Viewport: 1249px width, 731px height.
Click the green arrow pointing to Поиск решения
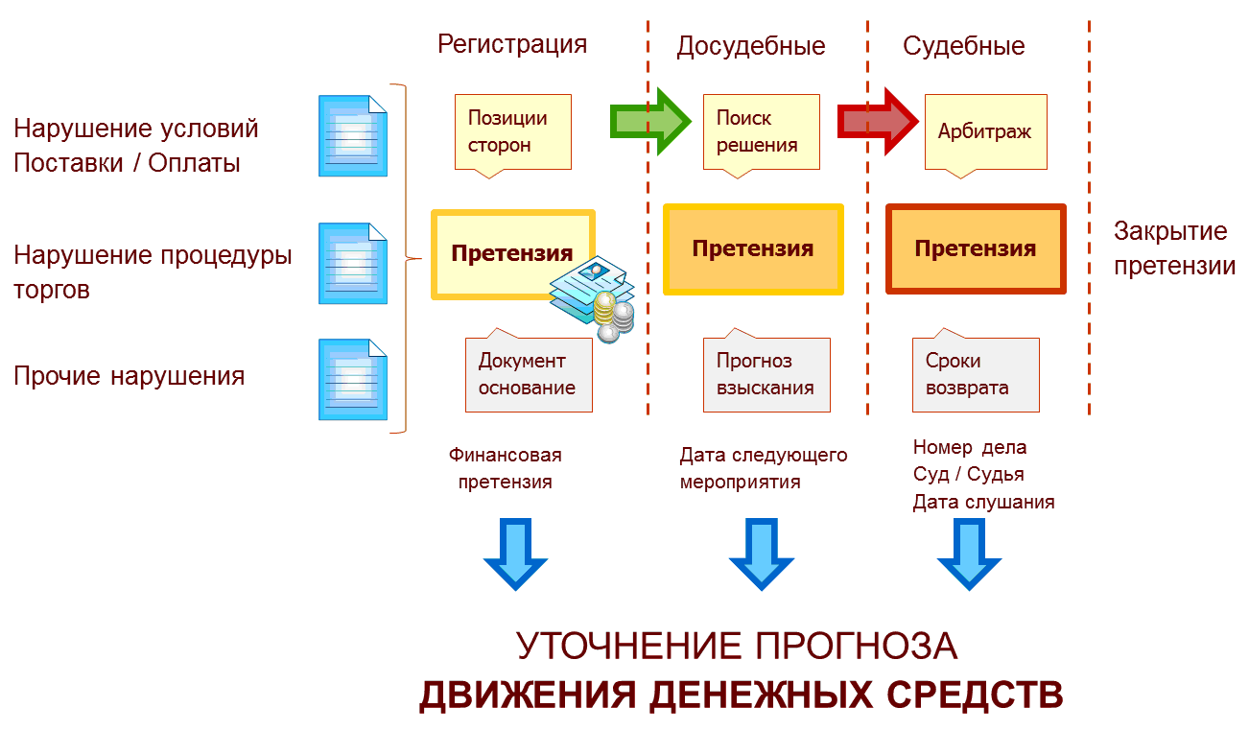650,120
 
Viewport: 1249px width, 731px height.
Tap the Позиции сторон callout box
512,132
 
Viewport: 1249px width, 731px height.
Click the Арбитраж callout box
985,131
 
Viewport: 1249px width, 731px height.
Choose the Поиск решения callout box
761,132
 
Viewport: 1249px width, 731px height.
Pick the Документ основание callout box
528,374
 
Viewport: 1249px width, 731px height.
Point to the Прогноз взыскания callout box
766,374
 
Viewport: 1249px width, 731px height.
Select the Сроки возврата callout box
975,374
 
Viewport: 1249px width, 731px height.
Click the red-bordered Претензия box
976,249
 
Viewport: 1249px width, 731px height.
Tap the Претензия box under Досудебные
753,249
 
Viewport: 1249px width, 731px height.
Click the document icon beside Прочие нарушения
353,379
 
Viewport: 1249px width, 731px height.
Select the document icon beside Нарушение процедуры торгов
353,264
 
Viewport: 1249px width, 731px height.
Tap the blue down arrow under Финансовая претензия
515,554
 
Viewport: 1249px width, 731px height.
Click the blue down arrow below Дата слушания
969,554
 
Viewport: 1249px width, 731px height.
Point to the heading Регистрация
512,44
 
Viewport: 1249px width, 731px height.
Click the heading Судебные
964,46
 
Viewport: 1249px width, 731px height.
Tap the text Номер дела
969,447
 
